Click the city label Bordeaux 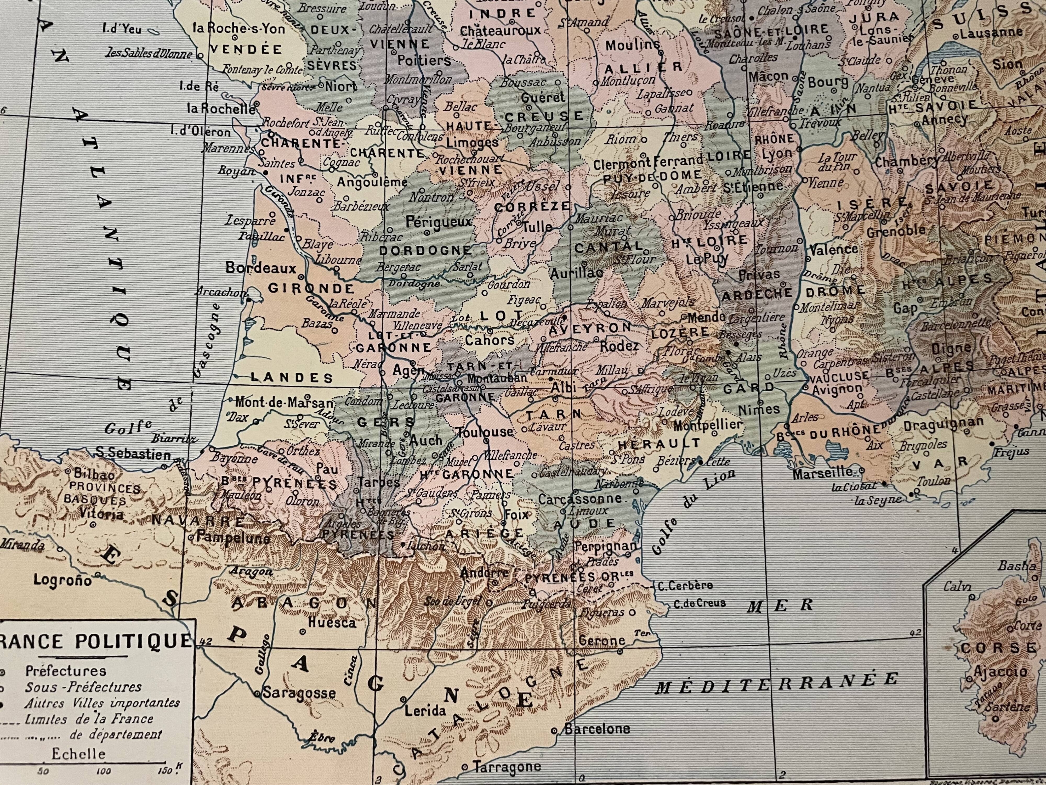(260, 268)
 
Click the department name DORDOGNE (425, 251)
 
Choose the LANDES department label (292, 377)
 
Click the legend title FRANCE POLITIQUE (95, 641)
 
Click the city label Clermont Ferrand (648, 164)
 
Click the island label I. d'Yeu (122, 29)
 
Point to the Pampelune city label (233, 537)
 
